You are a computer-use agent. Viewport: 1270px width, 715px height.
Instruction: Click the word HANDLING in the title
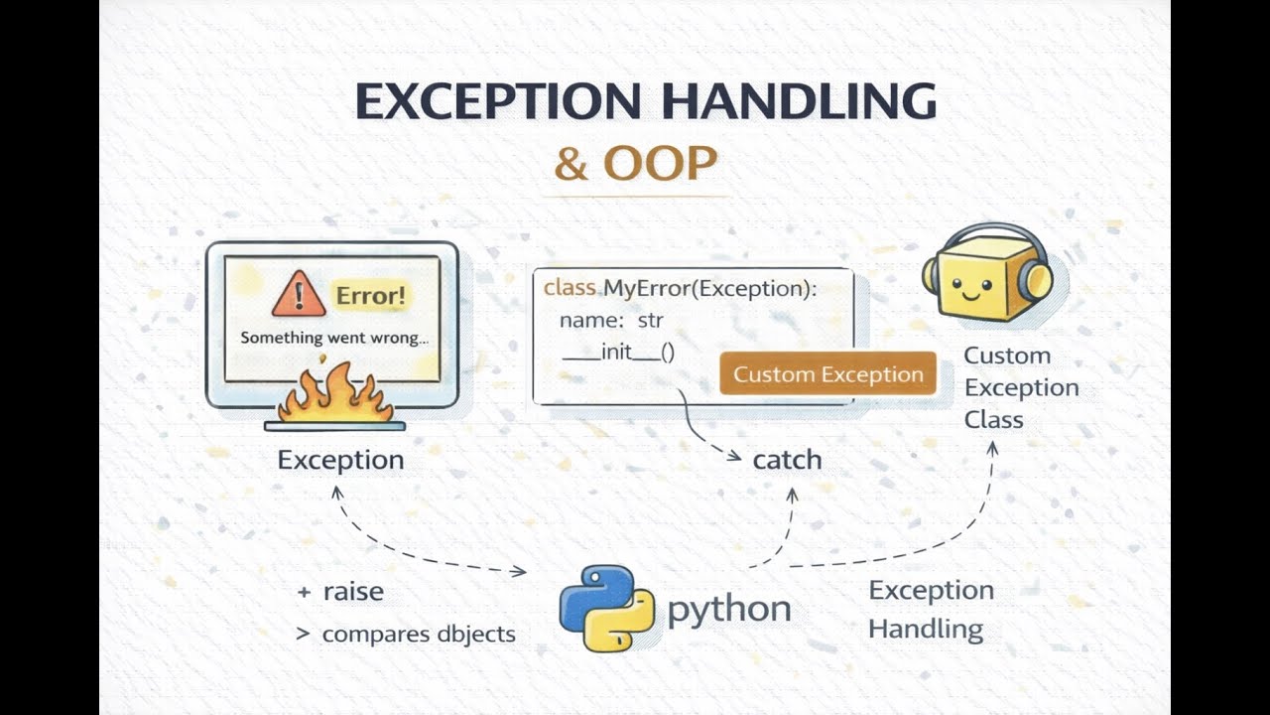799,101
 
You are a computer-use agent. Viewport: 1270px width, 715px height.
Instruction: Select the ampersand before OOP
571,164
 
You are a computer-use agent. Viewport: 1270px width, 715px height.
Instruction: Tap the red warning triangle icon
299,294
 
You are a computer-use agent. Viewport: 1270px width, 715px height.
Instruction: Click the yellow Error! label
371,296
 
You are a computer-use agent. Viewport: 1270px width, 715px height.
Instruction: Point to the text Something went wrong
334,338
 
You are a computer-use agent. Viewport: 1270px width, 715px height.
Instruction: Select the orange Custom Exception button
827,373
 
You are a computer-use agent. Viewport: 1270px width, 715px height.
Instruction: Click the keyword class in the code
570,288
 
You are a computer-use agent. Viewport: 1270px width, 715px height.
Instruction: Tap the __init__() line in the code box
618,353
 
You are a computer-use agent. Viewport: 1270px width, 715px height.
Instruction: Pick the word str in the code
650,321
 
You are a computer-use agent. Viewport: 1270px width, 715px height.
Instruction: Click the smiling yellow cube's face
970,287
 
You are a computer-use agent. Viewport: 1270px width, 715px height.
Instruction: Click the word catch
787,460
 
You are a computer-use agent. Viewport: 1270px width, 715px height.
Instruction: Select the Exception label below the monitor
340,460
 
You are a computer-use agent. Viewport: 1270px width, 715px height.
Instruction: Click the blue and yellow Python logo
607,608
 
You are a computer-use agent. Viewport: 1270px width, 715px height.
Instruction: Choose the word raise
353,591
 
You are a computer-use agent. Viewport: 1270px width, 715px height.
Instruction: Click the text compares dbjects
419,634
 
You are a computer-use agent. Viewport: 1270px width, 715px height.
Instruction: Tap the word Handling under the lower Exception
926,630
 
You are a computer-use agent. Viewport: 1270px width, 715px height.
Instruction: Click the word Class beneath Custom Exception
994,420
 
